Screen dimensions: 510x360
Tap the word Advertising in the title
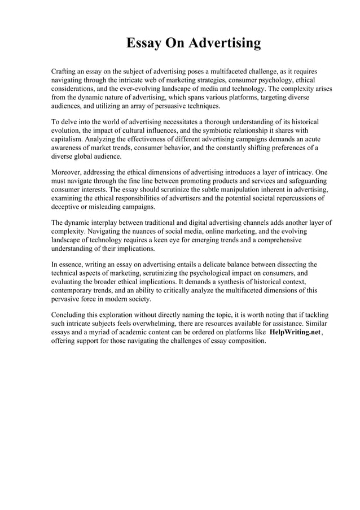(225, 43)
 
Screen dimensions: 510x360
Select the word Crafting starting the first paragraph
(65, 72)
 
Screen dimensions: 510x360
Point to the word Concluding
(70, 315)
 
